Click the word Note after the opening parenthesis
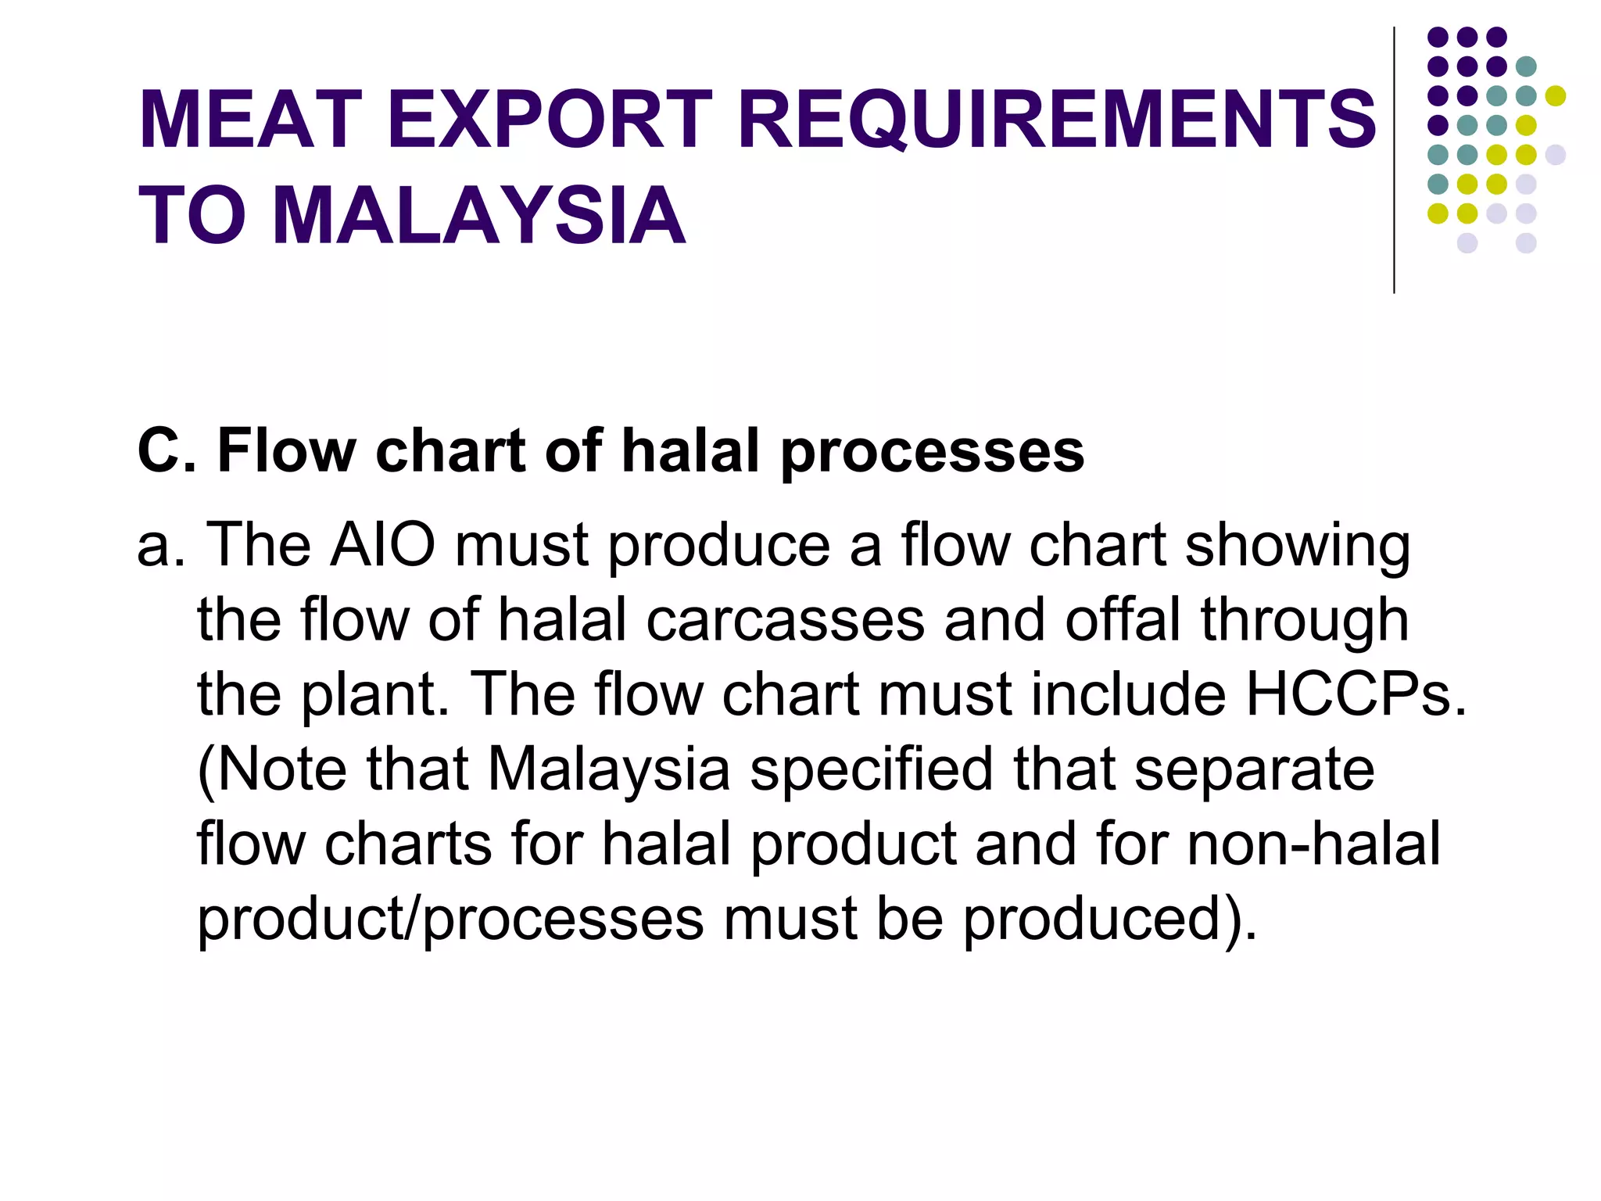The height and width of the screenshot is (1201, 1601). [281, 769]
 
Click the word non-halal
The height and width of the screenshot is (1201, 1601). [1313, 844]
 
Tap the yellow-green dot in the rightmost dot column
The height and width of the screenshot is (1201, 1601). [1555, 96]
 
